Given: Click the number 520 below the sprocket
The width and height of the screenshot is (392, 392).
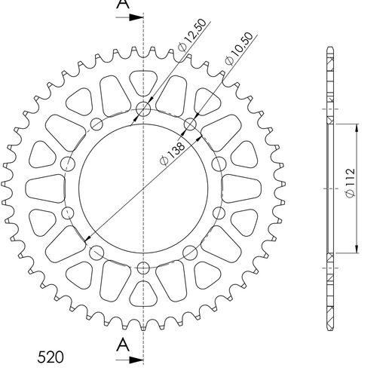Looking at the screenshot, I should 51,357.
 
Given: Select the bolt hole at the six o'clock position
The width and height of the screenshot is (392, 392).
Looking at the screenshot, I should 143,267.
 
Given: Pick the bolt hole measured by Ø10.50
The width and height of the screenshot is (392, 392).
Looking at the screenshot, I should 189,124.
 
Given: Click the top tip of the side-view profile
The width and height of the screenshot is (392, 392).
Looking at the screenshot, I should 330,48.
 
